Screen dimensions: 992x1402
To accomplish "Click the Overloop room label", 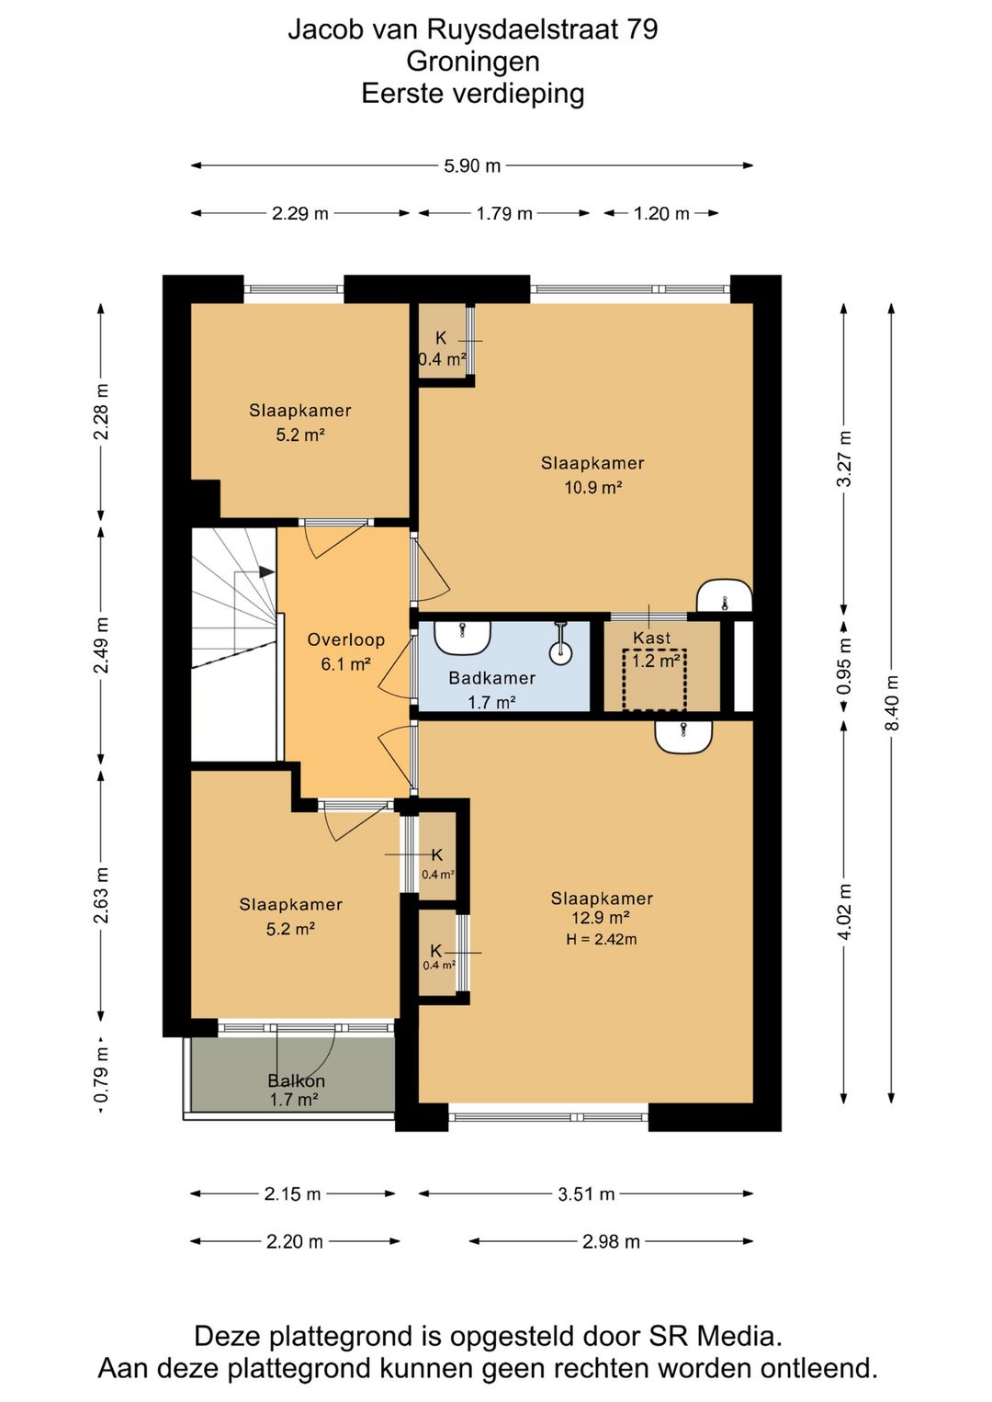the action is tap(345, 639).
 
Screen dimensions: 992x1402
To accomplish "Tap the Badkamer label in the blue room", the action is tap(492, 678).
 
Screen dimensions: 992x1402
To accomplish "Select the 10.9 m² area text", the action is tap(592, 487).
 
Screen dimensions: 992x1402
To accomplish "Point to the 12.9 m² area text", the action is tap(600, 918).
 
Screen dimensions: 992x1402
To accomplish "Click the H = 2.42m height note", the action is tap(602, 939).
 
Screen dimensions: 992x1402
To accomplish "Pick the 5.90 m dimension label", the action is tap(472, 166).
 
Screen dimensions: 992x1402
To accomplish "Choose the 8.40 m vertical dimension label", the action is tap(891, 703).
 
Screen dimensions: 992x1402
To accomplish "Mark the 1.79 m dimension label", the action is tap(504, 213).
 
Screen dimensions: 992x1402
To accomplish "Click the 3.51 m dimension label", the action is tap(586, 1193).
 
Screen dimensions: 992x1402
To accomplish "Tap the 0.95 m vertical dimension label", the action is tap(844, 665).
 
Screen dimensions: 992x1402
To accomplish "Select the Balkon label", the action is tap(296, 1080).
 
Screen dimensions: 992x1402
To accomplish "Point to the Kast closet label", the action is tap(651, 638).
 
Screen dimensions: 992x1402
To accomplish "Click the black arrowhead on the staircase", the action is tap(266, 571).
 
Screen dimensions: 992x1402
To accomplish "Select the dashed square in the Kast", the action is tap(654, 680).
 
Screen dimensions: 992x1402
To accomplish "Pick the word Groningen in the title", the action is tap(472, 62).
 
